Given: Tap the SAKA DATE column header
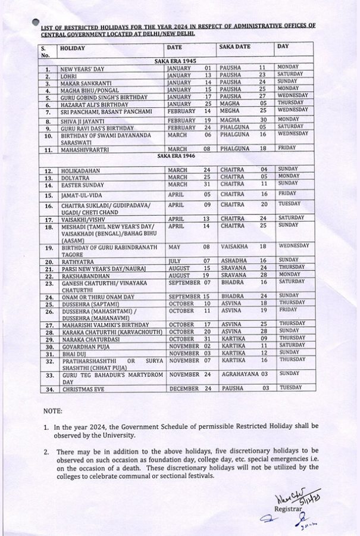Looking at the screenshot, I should [234, 46].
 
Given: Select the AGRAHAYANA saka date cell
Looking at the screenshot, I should [245, 374].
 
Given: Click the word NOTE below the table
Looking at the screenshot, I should [53, 412].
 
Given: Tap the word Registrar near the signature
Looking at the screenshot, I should [287, 510].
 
